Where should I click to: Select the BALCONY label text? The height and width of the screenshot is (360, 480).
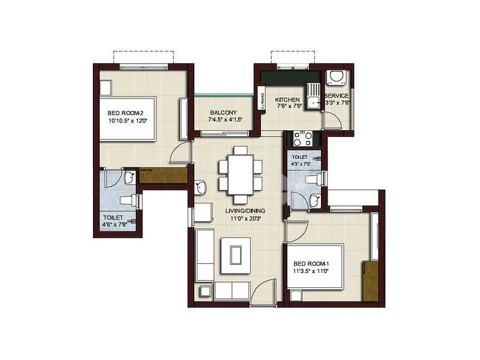tap(223, 112)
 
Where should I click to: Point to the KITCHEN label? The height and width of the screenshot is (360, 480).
tap(287, 99)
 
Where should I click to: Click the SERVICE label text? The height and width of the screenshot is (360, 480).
tap(337, 95)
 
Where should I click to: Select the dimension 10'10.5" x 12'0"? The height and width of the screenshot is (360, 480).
tap(127, 121)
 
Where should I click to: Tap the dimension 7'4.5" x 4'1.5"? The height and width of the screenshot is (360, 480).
tap(223, 120)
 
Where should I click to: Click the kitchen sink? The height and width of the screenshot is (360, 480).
tap(313, 96)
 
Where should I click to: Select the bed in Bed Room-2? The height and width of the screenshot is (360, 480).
tap(136, 118)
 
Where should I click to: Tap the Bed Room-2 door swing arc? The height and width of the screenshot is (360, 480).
tap(179, 154)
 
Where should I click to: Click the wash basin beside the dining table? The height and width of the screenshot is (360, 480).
tap(200, 188)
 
